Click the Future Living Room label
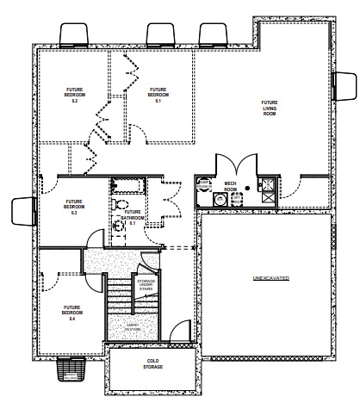coord(269,107)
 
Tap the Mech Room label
coord(230,186)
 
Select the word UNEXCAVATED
coord(270,280)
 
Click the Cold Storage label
coord(152,364)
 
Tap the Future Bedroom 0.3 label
coord(75,207)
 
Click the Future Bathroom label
coord(133,216)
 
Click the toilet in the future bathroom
coord(117,203)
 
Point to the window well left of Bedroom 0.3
coord(22,209)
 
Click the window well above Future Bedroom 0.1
coord(159,34)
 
